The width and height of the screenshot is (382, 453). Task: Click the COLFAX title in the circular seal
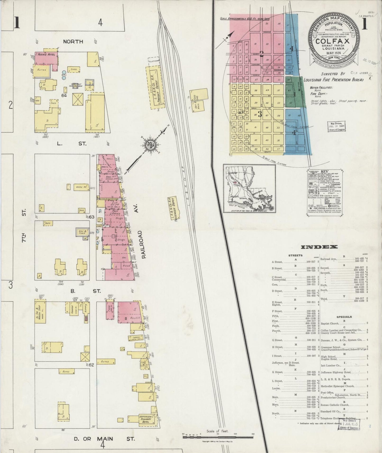pos(332,41)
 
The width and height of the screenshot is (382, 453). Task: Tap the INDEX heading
pos(319,247)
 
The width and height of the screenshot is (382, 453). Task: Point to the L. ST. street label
pos(72,144)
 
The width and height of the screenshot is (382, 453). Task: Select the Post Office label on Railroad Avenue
pos(116,212)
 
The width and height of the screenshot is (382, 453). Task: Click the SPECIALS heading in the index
pos(344,317)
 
